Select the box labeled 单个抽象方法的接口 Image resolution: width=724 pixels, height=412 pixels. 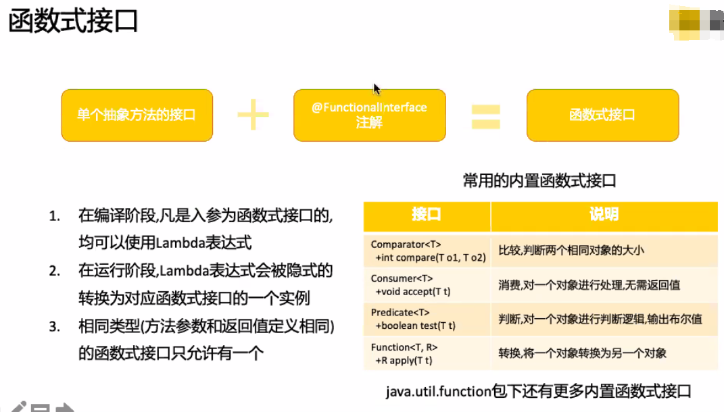(x=137, y=115)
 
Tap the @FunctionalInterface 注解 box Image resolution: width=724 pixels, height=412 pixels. (x=369, y=115)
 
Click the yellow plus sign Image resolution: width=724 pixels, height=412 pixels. (x=253, y=115)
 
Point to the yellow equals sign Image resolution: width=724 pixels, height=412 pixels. (x=485, y=115)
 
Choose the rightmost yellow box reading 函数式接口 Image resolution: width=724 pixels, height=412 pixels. (x=602, y=115)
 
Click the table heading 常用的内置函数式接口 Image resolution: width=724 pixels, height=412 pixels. (x=539, y=180)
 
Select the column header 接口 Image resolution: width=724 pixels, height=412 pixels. (x=427, y=215)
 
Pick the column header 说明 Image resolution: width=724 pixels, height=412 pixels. (x=604, y=215)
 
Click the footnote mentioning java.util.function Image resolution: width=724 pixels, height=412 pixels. (x=539, y=391)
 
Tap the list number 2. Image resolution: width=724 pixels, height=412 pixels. (x=54, y=272)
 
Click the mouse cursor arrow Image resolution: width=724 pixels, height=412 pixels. (x=377, y=88)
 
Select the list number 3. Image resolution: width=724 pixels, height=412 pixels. (x=54, y=327)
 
